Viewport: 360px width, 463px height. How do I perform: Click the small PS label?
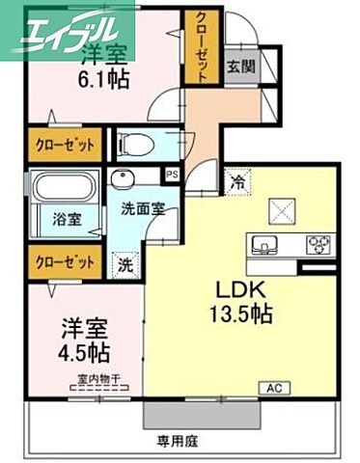tap(173, 175)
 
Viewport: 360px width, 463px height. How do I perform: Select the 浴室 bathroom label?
tap(67, 219)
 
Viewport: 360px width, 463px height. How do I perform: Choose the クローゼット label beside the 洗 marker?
tap(66, 261)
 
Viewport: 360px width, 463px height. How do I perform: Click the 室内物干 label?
tap(97, 379)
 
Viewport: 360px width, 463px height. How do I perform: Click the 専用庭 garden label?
tap(177, 441)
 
